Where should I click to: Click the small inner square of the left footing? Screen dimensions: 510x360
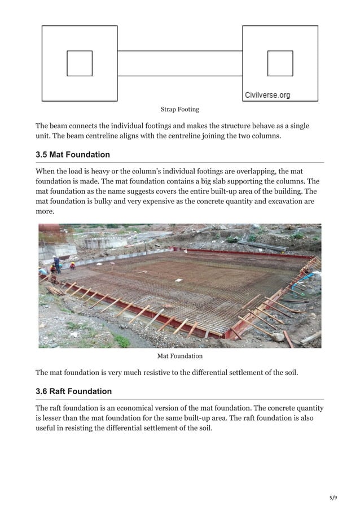(80, 63)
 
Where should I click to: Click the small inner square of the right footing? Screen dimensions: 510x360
(280, 63)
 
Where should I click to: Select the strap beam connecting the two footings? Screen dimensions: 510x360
(179, 63)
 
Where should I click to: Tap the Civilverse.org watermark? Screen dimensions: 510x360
(267, 95)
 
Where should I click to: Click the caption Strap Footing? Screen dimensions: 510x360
(179, 109)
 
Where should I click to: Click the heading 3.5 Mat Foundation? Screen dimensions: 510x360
(73, 155)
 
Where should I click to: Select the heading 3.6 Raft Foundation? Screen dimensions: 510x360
(73, 391)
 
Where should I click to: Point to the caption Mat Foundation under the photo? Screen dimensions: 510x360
(179, 356)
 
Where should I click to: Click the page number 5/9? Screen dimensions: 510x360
(332, 498)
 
